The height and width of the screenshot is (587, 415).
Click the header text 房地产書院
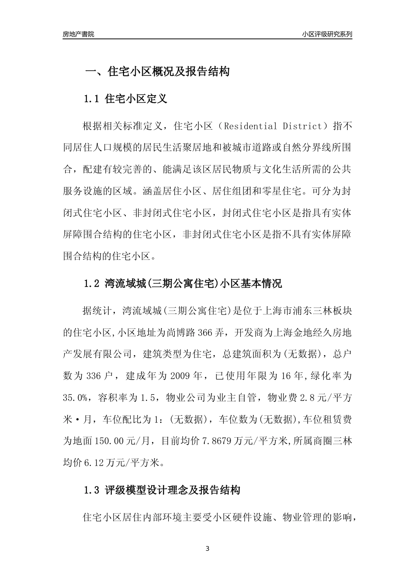(x=78, y=35)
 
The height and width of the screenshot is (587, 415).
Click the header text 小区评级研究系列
(x=327, y=35)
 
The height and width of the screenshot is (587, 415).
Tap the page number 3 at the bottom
(x=207, y=549)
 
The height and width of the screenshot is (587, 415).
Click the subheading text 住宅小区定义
(x=136, y=99)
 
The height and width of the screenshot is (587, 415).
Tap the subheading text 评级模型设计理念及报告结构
(x=173, y=490)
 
